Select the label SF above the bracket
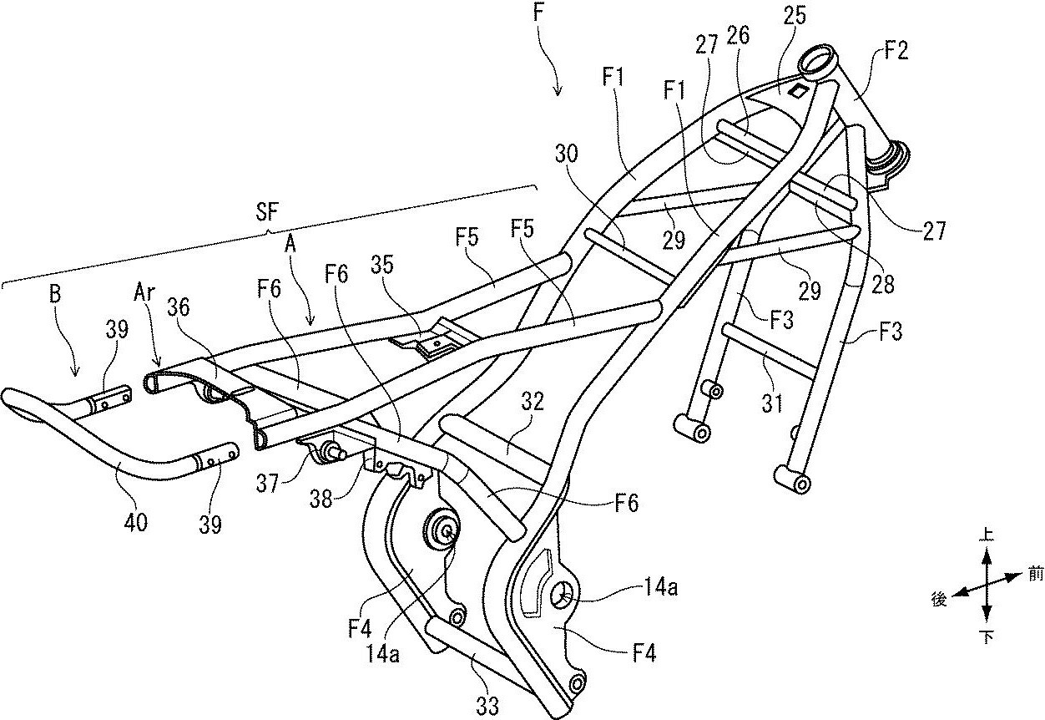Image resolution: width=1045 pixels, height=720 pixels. pyautogui.click(x=267, y=213)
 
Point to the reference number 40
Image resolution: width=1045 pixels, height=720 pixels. pyautogui.click(x=136, y=521)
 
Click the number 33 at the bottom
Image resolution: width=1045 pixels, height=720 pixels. pyautogui.click(x=487, y=705)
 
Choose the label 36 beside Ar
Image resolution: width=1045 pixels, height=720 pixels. pyautogui.click(x=179, y=307)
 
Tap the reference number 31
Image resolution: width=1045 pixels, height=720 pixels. pyautogui.click(x=771, y=403)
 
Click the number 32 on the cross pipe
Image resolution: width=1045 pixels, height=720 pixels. pyautogui.click(x=533, y=401)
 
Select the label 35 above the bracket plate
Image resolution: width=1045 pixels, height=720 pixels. pyautogui.click(x=382, y=264)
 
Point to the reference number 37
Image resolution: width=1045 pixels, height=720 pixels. pyautogui.click(x=267, y=484)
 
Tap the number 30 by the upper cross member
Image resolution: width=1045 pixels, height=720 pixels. pyautogui.click(x=567, y=154)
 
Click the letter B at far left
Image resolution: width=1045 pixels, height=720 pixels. pyautogui.click(x=55, y=295)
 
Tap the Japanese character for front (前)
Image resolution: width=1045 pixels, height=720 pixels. pyautogui.click(x=1034, y=575)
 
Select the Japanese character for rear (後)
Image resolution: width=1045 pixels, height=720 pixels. pyautogui.click(x=939, y=599)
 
